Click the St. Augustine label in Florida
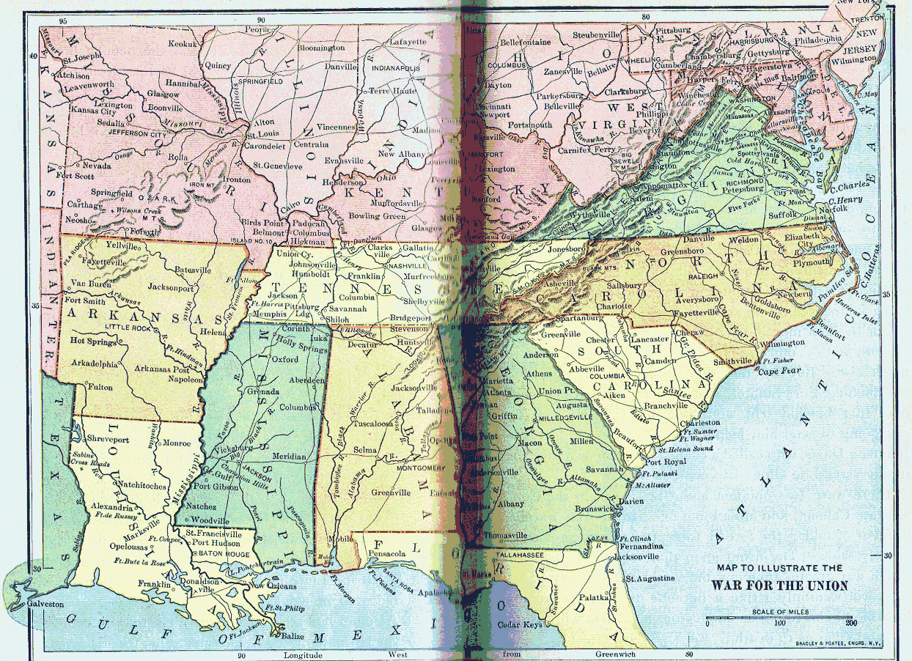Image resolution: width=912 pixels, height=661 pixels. click(x=650, y=578)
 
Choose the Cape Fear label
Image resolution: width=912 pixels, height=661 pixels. click(x=776, y=372)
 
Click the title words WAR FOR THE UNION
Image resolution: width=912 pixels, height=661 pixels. click(x=779, y=586)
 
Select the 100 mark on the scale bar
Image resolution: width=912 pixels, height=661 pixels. click(x=779, y=623)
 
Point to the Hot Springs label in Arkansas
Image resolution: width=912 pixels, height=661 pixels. click(x=93, y=342)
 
